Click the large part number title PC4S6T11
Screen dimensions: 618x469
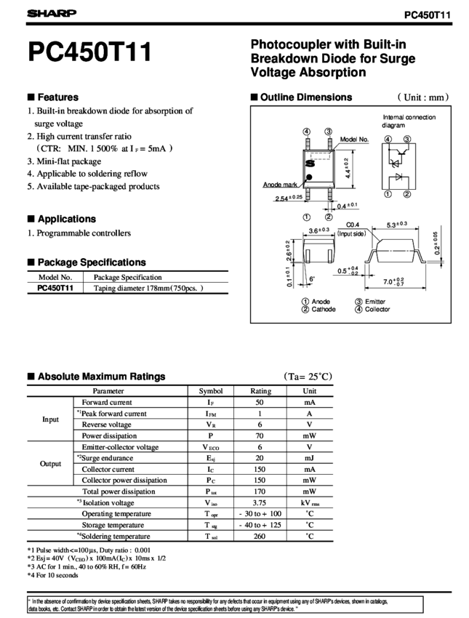pyautogui.click(x=89, y=52)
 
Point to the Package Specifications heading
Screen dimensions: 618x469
pyautogui.click(x=87, y=262)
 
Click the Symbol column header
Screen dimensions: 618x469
pyautogui.click(x=211, y=391)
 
